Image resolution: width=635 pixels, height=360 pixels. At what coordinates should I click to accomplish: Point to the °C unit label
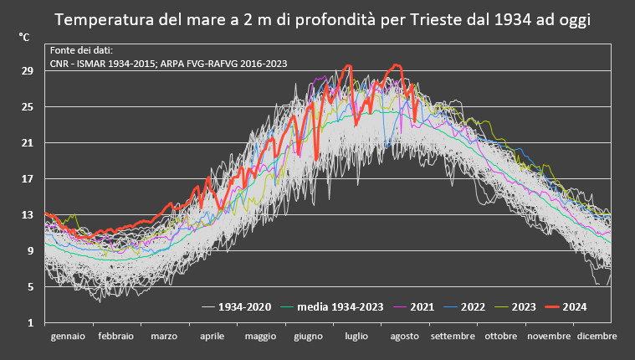click(x=24, y=39)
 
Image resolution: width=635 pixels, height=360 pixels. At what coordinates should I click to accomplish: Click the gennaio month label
click(x=68, y=336)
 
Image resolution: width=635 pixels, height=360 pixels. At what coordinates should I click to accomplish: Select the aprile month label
click(x=213, y=336)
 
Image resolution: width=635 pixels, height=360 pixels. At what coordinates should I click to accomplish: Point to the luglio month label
click(x=356, y=336)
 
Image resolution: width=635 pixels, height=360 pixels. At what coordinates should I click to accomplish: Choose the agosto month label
click(x=405, y=336)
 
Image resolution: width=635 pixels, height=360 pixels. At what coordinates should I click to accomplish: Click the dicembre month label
click(x=597, y=336)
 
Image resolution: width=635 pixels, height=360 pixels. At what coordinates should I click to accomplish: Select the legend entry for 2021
click(x=421, y=306)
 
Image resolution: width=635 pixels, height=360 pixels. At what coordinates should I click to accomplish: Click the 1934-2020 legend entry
click(x=244, y=306)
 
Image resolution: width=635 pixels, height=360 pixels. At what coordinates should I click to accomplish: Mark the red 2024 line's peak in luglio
click(x=348, y=65)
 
